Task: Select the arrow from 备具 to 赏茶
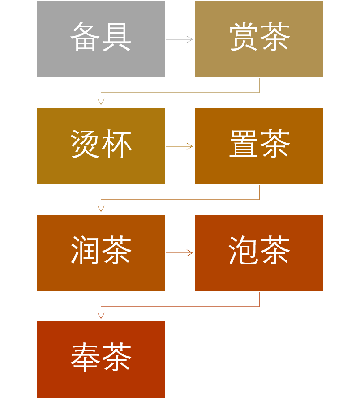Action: pyautogui.click(x=179, y=39)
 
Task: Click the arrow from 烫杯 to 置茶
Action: pyautogui.click(x=179, y=146)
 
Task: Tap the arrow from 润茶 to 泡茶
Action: pyautogui.click(x=179, y=253)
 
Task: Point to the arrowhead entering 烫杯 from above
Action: pyautogui.click(x=101, y=102)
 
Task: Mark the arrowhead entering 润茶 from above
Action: pyautogui.click(x=101, y=209)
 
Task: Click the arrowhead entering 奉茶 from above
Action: pyautogui.click(x=101, y=316)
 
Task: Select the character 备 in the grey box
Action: pyautogui.click(x=85, y=37)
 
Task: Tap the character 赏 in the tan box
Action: pyautogui.click(x=244, y=37)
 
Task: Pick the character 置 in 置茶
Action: pyautogui.click(x=244, y=144)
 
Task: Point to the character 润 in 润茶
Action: pyautogui.click(x=85, y=251)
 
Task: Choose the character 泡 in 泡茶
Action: pyautogui.click(x=244, y=251)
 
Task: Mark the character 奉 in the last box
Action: pyautogui.click(x=85, y=358)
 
